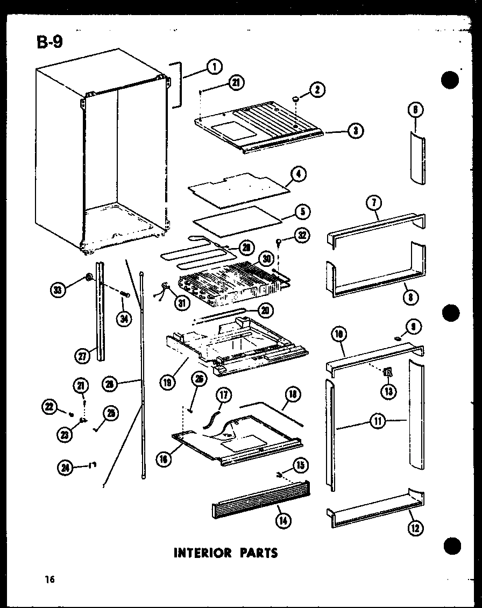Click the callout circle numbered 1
[214, 67]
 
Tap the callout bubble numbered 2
[317, 90]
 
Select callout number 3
[355, 130]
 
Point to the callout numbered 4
[298, 174]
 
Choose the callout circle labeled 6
[416, 110]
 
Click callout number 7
[373, 203]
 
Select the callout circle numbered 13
[388, 391]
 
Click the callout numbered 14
[281, 520]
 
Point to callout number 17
[224, 396]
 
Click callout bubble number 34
[125, 319]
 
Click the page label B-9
[49, 42]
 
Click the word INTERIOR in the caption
[202, 553]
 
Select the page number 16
[50, 579]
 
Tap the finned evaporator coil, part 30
[229, 280]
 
